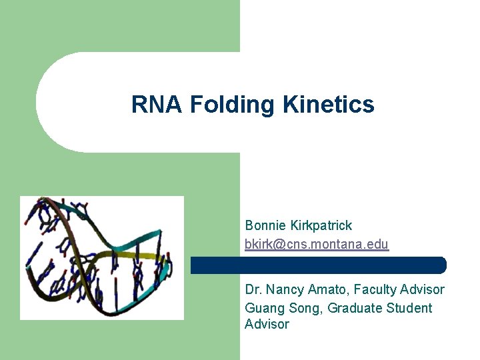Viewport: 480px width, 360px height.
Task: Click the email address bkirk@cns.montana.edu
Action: coord(317,245)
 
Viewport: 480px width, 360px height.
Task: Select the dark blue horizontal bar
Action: coord(318,265)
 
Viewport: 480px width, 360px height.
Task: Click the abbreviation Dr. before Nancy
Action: coord(253,290)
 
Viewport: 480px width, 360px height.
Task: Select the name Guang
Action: coord(263,308)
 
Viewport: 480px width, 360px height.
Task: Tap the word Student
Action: coord(407,308)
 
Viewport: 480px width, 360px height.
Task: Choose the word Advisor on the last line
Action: coord(267,325)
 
